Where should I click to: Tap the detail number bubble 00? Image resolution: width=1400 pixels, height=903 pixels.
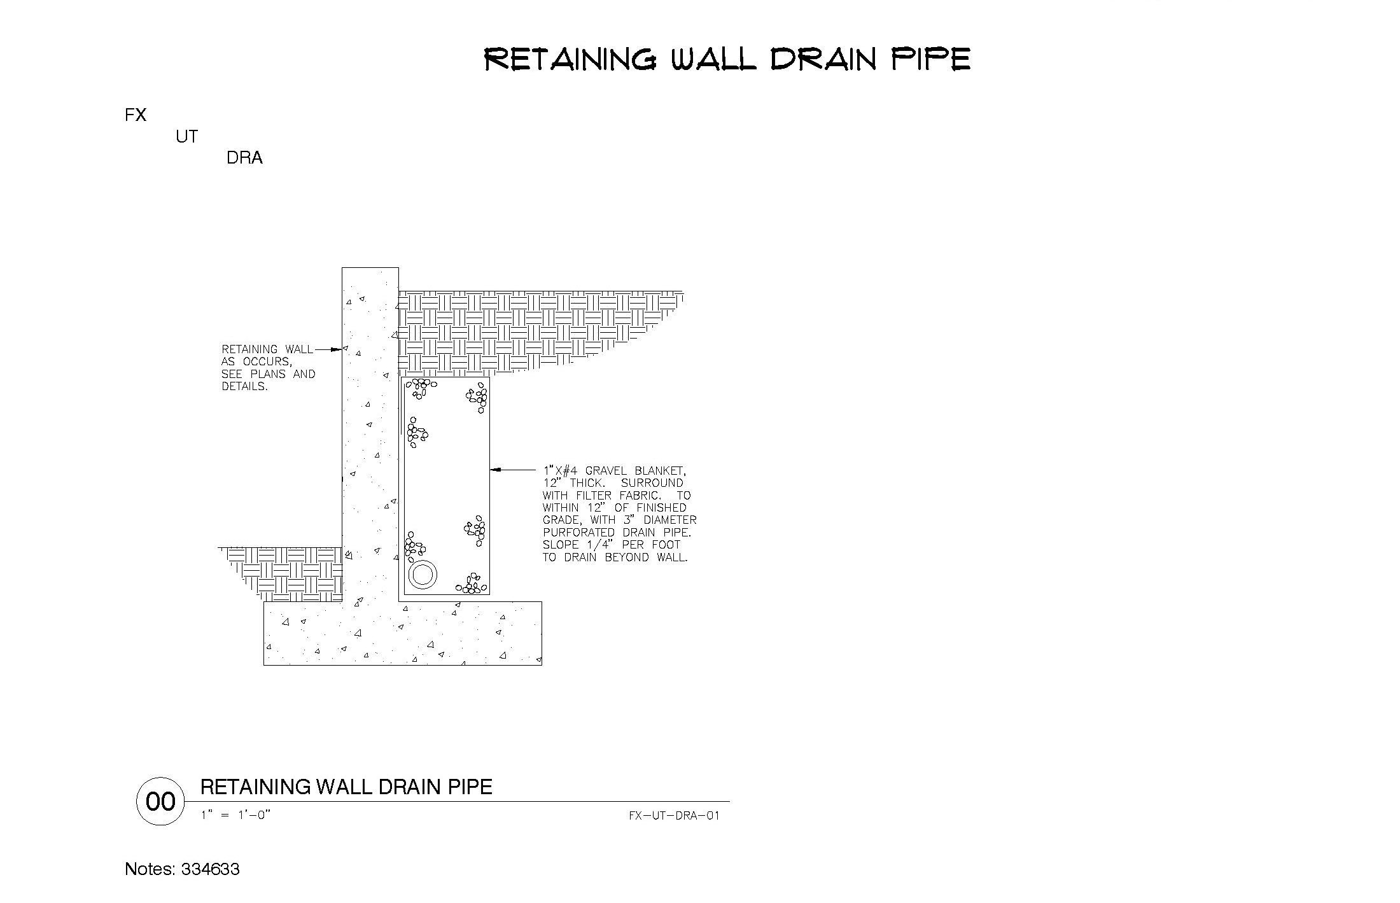tap(161, 801)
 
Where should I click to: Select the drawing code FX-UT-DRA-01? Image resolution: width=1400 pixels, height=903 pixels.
tap(674, 815)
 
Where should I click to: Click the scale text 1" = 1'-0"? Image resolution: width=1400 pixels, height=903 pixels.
tap(236, 815)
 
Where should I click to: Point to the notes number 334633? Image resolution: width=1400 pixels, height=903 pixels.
tap(211, 869)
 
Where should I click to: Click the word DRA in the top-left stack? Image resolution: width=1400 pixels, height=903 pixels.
tap(244, 158)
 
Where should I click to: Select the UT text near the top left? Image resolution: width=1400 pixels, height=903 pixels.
tap(187, 136)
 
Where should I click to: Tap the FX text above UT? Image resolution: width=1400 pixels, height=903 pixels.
tap(136, 115)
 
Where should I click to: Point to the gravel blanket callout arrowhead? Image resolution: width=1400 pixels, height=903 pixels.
tap(495, 470)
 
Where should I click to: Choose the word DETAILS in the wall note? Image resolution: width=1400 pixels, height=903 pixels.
tap(244, 386)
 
